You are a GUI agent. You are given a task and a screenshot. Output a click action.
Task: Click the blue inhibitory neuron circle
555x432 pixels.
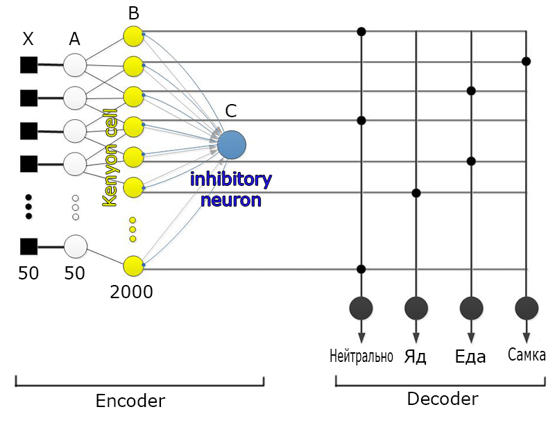(x=231, y=144)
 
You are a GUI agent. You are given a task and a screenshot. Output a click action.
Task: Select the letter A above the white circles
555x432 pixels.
(x=74, y=40)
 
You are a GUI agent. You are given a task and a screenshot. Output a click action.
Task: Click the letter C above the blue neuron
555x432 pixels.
(x=231, y=111)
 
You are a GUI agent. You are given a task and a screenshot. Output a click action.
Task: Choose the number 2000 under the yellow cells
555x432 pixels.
(x=131, y=292)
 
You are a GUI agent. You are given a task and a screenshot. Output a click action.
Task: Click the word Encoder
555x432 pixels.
(x=130, y=401)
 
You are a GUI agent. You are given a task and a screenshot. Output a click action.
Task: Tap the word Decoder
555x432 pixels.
(x=442, y=399)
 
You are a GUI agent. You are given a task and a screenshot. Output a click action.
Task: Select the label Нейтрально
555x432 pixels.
(x=361, y=357)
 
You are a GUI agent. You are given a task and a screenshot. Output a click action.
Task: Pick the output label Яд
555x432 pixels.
(x=415, y=357)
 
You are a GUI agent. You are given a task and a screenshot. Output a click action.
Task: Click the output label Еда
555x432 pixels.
(x=470, y=357)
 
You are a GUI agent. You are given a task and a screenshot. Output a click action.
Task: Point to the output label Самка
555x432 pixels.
(x=527, y=356)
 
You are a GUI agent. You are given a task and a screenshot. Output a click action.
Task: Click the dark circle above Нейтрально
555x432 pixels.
(x=361, y=306)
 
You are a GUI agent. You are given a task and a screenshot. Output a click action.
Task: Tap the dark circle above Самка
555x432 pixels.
(x=527, y=306)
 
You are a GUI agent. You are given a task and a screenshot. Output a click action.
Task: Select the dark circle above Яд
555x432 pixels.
(x=416, y=306)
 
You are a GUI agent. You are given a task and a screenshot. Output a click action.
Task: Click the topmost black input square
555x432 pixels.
(x=28, y=65)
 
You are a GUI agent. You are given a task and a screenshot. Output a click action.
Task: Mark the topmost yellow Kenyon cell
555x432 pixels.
(x=133, y=36)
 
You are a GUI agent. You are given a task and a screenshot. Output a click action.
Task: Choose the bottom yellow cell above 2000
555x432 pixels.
(x=133, y=266)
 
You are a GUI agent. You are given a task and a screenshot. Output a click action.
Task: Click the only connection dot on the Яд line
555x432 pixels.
(x=416, y=192)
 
